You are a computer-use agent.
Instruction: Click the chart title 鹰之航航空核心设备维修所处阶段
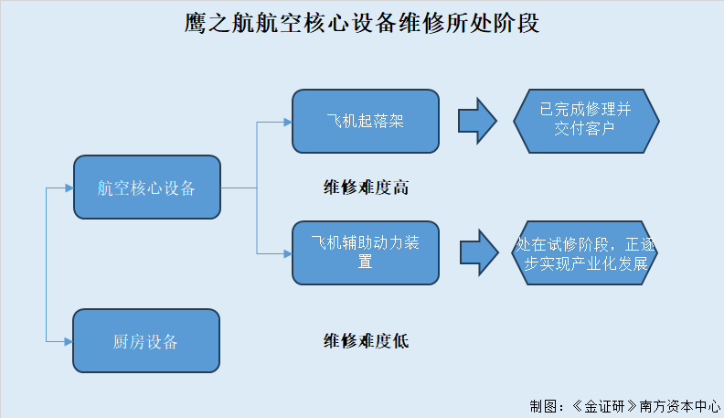(362, 23)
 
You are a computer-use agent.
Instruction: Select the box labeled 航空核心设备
(147, 188)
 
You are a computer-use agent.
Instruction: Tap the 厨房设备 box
(146, 341)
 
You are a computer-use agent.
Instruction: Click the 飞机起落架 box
(366, 121)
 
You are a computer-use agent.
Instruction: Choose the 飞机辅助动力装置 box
(366, 252)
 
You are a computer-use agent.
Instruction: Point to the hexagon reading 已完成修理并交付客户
(586, 121)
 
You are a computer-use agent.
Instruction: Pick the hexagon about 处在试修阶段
(584, 252)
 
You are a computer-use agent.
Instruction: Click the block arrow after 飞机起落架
(477, 121)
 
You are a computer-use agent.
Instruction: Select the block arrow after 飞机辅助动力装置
(479, 252)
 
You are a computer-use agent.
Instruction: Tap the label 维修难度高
(366, 188)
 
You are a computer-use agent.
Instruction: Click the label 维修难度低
(366, 341)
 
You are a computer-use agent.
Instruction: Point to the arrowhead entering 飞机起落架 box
(288, 123)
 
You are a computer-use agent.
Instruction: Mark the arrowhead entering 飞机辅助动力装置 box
(288, 253)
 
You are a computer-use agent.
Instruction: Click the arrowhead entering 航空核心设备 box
(69, 188)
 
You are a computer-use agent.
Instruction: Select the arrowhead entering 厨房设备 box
(69, 342)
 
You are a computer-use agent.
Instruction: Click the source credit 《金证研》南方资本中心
(645, 406)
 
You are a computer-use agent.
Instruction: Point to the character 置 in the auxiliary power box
(365, 262)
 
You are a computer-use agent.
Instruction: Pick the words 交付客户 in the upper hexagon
(584, 128)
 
